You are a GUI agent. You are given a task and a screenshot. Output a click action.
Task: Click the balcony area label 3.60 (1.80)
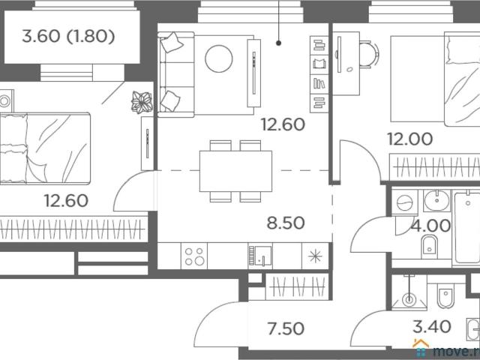(68, 37)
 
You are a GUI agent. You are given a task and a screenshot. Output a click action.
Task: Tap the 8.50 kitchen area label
(286, 223)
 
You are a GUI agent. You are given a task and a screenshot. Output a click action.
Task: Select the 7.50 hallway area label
(286, 328)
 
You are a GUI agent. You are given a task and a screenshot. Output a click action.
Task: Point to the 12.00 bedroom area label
(410, 139)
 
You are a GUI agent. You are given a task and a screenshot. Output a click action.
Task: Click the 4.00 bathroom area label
(430, 226)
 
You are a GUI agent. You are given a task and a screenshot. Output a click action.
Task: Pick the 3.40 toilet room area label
(432, 326)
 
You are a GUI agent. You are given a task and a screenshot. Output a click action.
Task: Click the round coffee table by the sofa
(218, 58)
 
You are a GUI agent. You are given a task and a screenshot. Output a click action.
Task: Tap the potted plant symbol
(142, 102)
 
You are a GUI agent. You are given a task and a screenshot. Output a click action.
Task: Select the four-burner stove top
(194, 256)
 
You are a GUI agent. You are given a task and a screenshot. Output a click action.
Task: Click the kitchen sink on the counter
(260, 256)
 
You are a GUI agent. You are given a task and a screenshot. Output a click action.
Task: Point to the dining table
(235, 171)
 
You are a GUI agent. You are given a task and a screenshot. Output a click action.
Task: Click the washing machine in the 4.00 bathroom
(405, 202)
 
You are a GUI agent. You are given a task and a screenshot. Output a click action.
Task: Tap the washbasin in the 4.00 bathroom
(436, 200)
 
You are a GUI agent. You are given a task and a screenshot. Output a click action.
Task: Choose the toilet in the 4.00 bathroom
(429, 247)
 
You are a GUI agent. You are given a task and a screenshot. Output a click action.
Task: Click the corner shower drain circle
(409, 298)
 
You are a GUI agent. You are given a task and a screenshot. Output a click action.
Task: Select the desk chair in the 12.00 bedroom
(369, 55)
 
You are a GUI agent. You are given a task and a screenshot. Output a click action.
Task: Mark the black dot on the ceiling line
(278, 43)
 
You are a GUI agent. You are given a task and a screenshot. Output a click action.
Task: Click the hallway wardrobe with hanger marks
(297, 286)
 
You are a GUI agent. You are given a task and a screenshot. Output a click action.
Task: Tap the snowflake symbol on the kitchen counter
(315, 256)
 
